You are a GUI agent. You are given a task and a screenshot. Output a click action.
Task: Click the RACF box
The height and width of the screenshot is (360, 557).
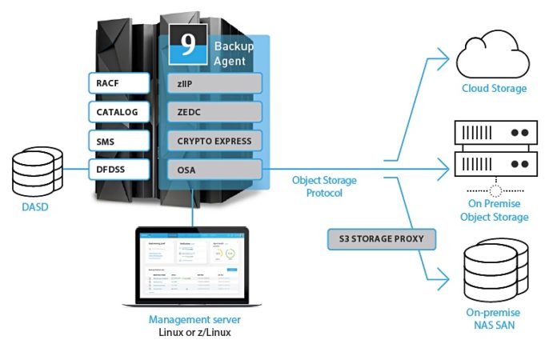tap(118, 82)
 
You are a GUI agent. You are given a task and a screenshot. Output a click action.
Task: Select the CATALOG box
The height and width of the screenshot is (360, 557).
tap(118, 112)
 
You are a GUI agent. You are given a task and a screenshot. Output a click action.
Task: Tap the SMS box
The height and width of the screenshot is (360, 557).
tap(118, 141)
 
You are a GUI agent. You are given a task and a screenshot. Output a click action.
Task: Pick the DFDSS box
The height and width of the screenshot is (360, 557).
tap(118, 170)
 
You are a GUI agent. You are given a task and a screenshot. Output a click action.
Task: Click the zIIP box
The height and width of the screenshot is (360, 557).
tap(214, 82)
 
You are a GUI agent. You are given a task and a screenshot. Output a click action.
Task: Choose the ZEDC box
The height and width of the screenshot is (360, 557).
tap(214, 112)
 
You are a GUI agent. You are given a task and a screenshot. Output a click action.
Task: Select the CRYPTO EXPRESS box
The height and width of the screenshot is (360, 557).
tap(214, 141)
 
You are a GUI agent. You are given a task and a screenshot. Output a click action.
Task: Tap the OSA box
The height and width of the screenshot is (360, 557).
tap(214, 170)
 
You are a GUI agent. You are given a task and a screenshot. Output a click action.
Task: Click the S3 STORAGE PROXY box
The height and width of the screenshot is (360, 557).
tap(382, 238)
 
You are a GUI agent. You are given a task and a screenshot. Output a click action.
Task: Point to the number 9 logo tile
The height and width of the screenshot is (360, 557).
tap(188, 45)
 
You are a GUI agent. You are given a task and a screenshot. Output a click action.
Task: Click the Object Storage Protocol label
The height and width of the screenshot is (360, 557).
tap(324, 186)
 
